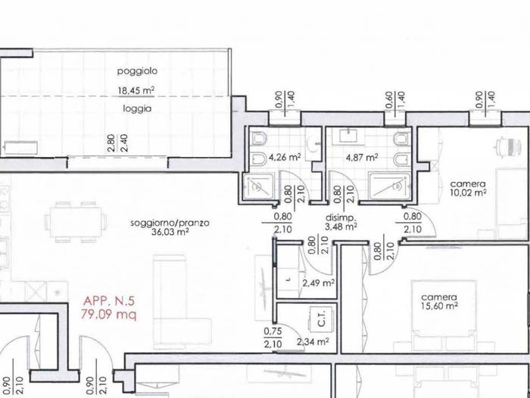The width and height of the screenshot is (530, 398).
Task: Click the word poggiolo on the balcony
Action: [x=137, y=72]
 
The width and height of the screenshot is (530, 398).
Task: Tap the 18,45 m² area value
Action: [x=136, y=91]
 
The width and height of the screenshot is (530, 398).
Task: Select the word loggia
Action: [x=137, y=109]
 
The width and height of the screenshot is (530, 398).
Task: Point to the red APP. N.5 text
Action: [x=109, y=301]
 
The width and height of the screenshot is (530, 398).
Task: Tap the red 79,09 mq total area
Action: [x=108, y=315]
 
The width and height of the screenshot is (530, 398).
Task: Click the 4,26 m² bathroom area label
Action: [x=285, y=158]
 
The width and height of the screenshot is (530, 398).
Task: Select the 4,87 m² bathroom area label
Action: [x=362, y=158]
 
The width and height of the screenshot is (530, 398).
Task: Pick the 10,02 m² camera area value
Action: [x=469, y=193]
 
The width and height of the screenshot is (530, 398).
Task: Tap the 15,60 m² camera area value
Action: [x=439, y=306]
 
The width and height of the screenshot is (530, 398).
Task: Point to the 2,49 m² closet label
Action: [x=319, y=283]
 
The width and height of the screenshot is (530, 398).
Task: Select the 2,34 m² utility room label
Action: [x=313, y=342]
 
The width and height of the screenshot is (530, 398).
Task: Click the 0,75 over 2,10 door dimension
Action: [x=273, y=338]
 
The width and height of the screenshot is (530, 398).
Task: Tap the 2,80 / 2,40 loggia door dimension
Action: [x=118, y=143]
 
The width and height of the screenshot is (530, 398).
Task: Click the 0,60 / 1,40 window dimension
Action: [x=394, y=100]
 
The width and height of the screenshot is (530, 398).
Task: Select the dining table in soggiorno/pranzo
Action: [x=76, y=222]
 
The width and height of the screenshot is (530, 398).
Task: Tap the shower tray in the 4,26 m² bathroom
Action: [x=260, y=186]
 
